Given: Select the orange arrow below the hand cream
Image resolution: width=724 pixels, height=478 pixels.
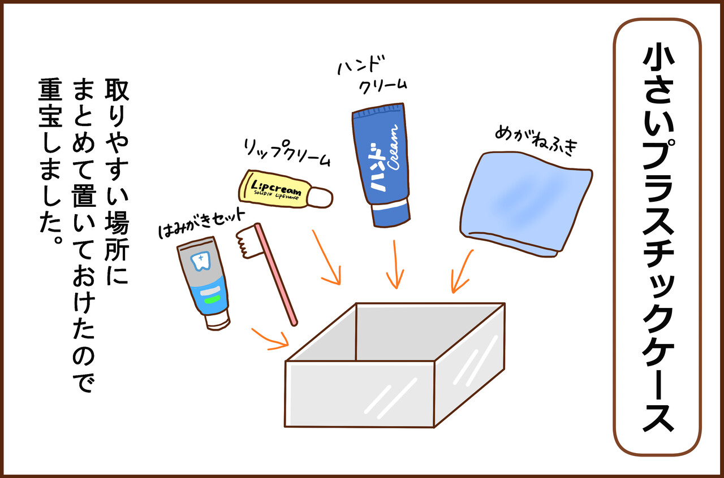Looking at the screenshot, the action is pos(395,266).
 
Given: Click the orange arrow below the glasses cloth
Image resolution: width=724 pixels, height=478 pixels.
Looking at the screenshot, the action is pos(461,271).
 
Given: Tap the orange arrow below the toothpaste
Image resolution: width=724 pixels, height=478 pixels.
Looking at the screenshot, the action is pos(269,337).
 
